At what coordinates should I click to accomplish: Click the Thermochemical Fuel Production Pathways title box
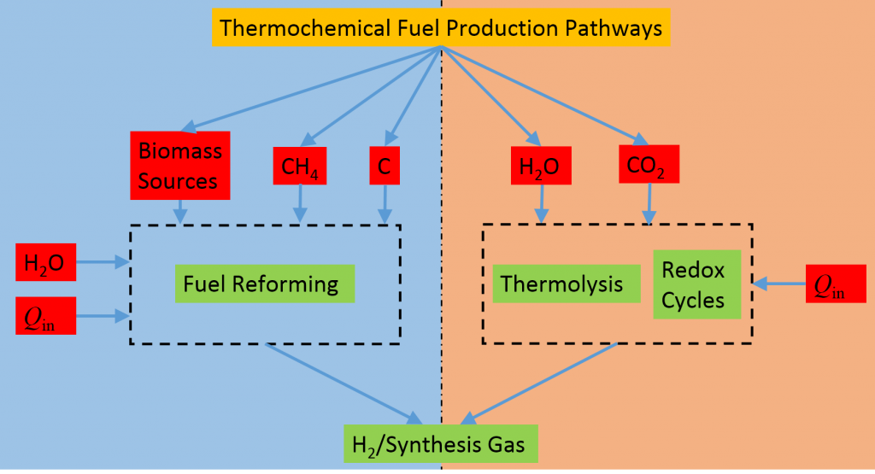coord(441,28)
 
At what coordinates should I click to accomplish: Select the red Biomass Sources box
coord(179,165)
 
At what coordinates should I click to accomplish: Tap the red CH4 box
coord(300,167)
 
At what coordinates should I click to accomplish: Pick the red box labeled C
coord(385,167)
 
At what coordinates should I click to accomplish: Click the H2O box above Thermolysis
coord(540,165)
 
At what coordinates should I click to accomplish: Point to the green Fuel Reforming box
coord(264,284)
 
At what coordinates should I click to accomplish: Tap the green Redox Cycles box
coord(696,284)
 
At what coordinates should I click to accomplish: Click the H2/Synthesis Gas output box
coord(441,444)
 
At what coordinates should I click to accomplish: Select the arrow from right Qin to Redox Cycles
coord(778,282)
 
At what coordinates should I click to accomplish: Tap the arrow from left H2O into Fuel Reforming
coord(103,263)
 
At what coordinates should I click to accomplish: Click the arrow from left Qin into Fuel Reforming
coord(103,315)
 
